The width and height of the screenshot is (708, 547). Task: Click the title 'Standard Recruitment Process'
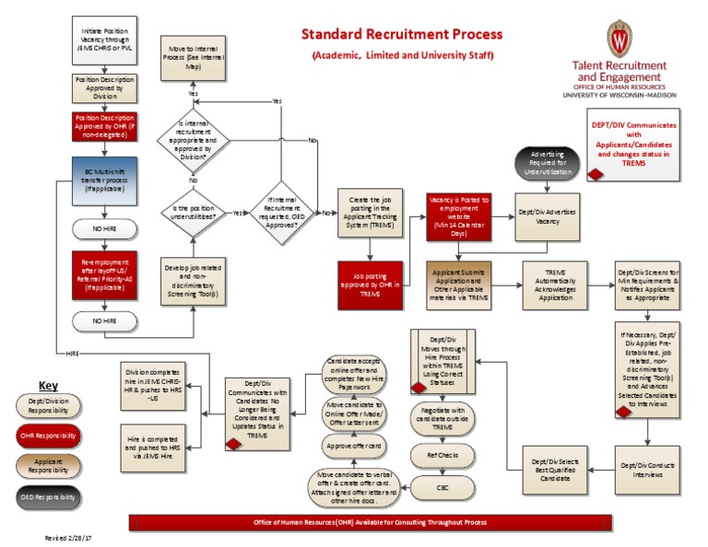403,34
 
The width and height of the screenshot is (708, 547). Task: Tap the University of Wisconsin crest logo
619,38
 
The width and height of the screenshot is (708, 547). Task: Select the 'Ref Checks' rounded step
443,454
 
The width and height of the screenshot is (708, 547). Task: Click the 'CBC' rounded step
443,485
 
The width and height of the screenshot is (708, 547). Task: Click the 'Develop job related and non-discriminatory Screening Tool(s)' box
194,282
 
